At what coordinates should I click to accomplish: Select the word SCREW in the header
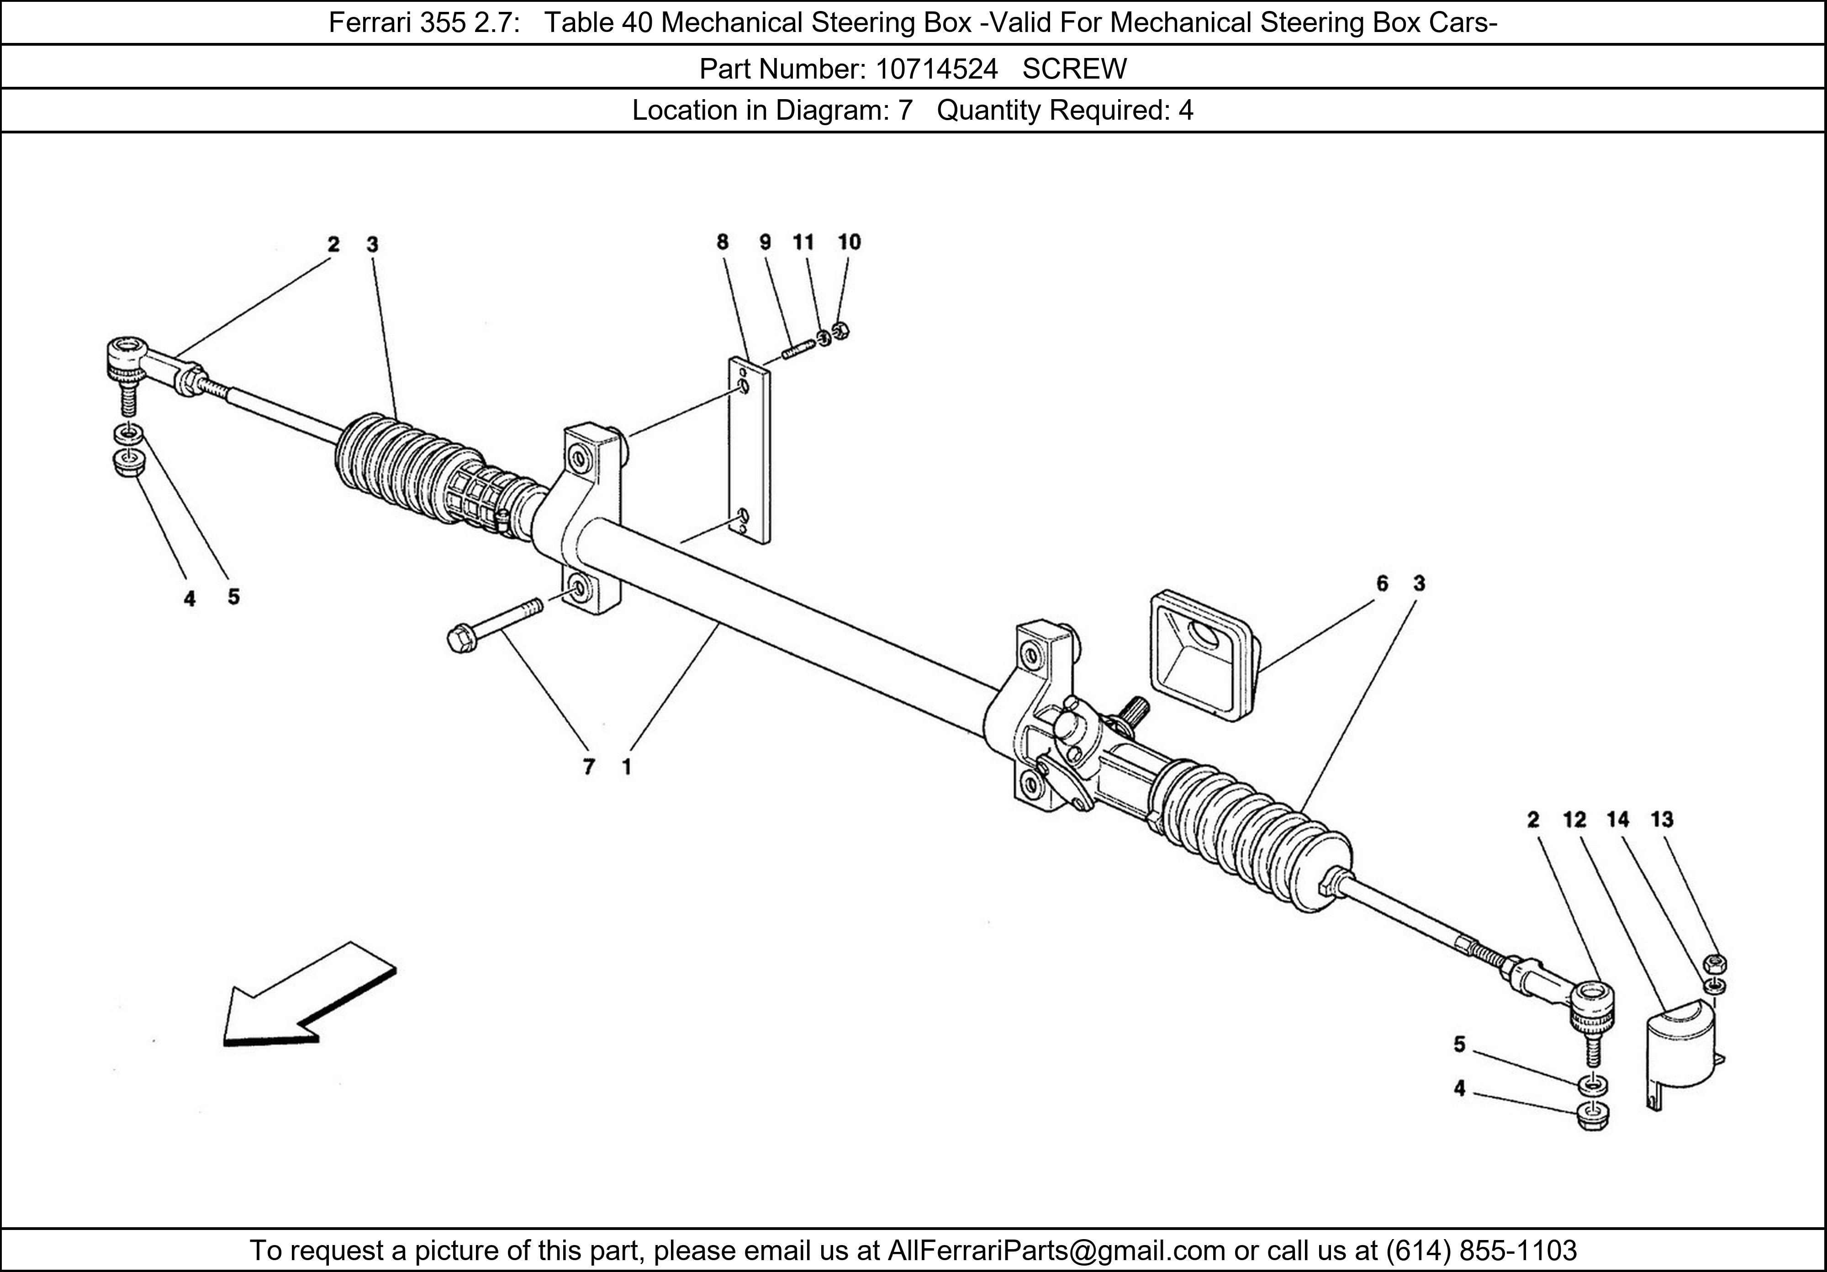1074,69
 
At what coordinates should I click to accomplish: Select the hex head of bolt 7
460,639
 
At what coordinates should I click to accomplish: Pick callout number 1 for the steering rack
627,767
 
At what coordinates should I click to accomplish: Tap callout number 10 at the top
849,242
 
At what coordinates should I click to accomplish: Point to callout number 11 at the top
804,242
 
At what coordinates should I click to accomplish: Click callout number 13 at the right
1662,819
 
